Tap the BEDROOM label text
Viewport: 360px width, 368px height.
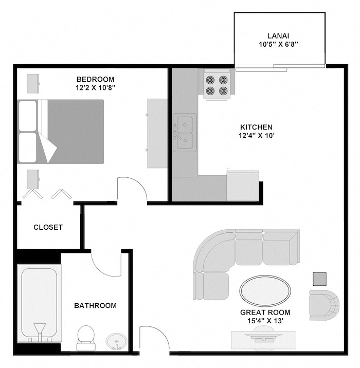tap(95, 79)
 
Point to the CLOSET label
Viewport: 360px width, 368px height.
tap(48, 227)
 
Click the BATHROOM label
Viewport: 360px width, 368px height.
tap(95, 306)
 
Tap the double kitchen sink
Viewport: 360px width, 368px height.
tap(184, 132)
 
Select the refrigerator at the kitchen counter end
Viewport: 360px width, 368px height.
tap(242, 186)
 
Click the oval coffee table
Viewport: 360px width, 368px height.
tap(265, 290)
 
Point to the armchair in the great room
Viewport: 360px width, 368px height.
tap(323, 304)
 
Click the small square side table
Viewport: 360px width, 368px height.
tap(320, 279)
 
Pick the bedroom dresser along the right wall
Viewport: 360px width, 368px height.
tap(157, 133)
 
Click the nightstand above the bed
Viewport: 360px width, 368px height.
tap(33, 83)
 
